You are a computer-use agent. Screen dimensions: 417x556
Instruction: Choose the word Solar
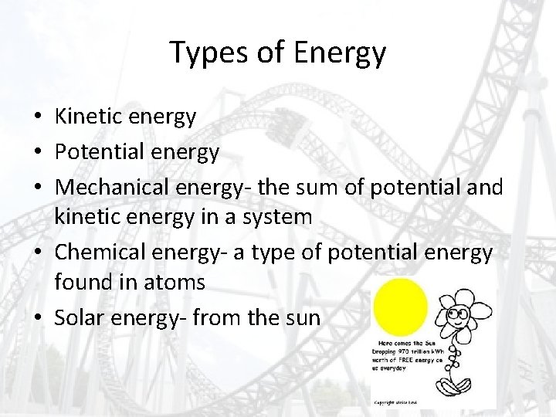pyautogui.click(x=79, y=317)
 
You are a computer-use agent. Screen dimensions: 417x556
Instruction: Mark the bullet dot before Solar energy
pyautogui.click(x=37, y=317)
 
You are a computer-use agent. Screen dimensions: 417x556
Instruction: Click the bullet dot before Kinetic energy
pyautogui.click(x=37, y=118)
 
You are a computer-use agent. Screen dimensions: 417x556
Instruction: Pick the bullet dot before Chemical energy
pyautogui.click(x=37, y=251)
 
